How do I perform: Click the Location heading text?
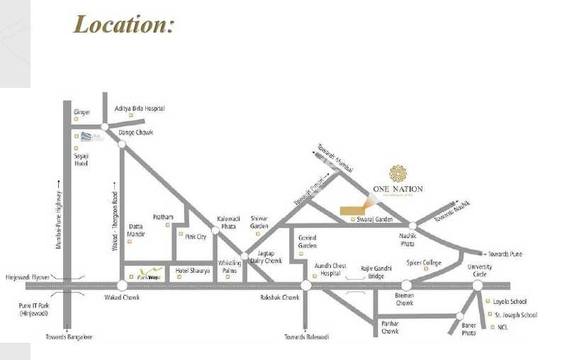124,25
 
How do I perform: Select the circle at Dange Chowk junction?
122,143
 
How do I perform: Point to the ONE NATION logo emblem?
398,173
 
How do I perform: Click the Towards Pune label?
506,254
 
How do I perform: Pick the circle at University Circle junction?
478,285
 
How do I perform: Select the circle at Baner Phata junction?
461,316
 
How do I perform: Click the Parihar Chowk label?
390,327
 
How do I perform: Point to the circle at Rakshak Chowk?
305,285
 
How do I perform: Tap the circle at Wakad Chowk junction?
122,285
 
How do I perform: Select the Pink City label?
196,237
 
